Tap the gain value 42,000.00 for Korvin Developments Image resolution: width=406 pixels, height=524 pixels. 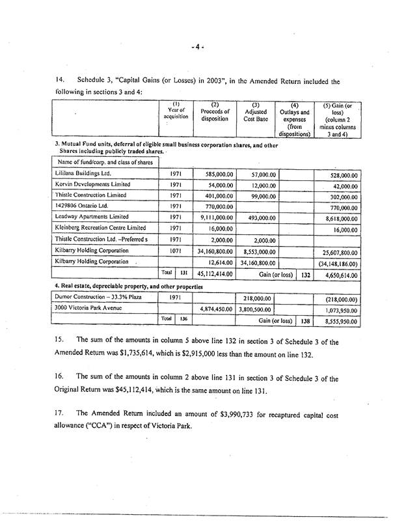click(x=341, y=186)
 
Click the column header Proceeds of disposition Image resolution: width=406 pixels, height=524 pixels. click(x=215, y=115)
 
